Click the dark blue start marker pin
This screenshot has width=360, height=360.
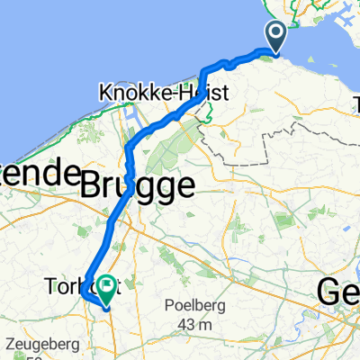point(274,37)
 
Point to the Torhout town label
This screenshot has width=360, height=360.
point(68,288)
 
